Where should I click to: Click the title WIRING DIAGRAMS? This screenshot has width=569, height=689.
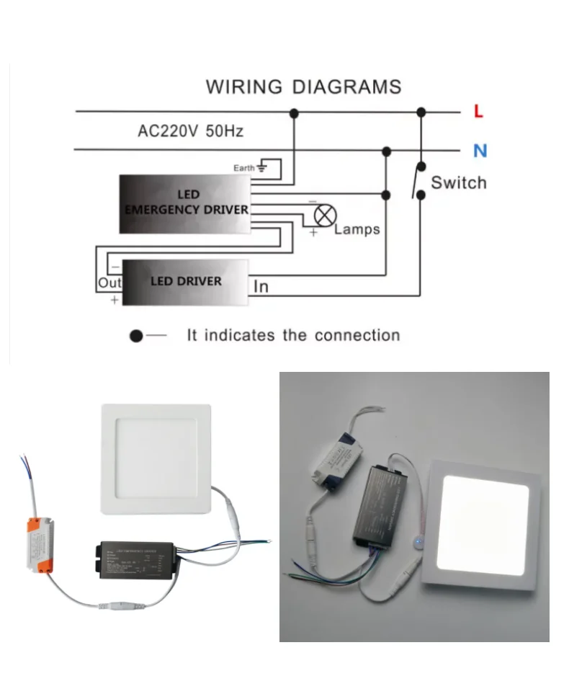coord(303,87)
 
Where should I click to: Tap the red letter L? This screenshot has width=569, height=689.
coord(478,112)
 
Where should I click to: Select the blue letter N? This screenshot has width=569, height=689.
coord(480,151)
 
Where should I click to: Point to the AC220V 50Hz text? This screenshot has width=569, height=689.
coord(190,131)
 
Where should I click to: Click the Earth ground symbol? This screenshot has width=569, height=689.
coord(261,168)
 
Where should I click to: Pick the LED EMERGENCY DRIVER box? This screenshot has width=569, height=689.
coord(184,204)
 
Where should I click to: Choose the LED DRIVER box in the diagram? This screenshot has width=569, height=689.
coord(185,281)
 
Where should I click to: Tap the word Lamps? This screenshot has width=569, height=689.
coord(357,230)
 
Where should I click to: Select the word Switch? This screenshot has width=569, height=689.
coord(458,182)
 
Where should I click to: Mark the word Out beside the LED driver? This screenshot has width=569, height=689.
coord(109,283)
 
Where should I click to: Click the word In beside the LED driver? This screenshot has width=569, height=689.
coord(261,286)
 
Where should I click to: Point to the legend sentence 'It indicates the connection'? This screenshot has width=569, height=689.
coord(292,335)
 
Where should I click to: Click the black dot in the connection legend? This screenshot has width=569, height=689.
coord(135,336)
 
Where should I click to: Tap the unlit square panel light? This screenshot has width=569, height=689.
coord(156,458)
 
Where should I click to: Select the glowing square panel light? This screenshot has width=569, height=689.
coord(484,524)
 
